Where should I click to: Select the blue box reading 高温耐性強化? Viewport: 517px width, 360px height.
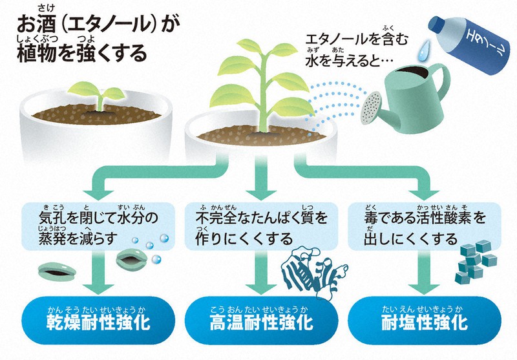(x=258, y=320)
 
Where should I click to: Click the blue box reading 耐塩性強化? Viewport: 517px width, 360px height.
(x=423, y=320)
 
